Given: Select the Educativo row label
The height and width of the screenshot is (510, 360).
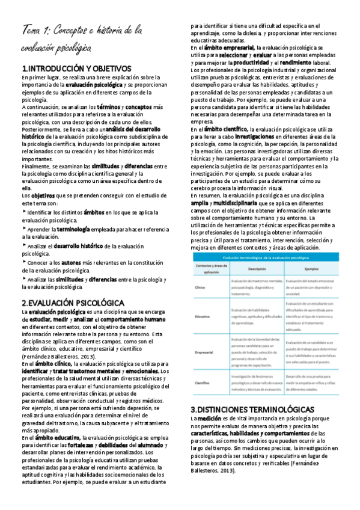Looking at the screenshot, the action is click(203, 315).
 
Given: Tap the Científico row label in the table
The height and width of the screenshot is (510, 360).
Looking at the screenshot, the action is click(203, 382).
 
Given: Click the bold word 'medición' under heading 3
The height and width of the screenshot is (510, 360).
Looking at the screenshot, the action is click(209, 401).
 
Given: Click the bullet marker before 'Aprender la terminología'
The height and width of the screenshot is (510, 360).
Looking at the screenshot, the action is click(23, 229).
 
